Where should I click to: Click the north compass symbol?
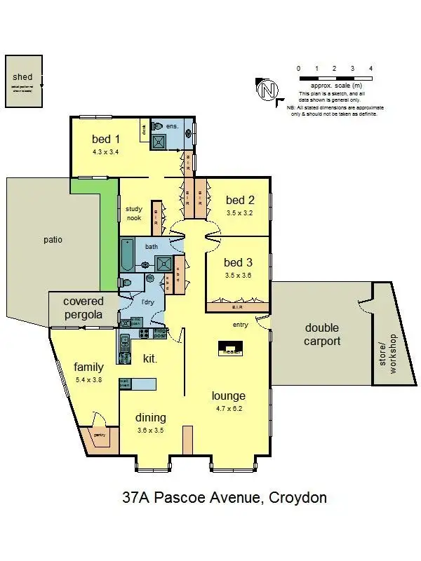267,90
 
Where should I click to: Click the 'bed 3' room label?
237,262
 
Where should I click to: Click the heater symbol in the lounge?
230,349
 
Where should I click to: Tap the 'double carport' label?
322,334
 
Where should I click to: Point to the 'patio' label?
52,239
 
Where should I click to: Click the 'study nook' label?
133,213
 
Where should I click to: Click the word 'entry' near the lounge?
241,325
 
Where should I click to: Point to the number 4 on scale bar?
370,68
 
